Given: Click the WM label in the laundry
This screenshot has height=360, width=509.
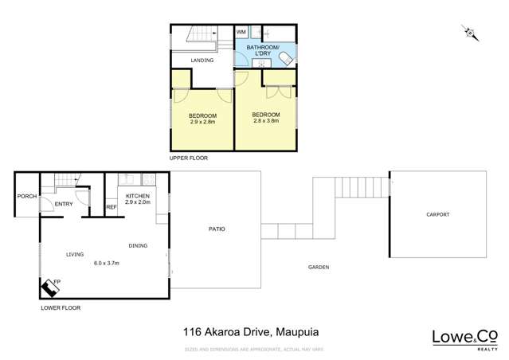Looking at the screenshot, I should coord(241,32).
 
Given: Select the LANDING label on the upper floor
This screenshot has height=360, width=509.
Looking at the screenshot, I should coord(201,60).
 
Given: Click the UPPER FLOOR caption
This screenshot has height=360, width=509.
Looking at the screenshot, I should coord(188,158).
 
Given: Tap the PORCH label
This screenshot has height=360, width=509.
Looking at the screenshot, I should coord(27,195).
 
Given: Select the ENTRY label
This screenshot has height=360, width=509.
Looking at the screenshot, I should coord(65,205).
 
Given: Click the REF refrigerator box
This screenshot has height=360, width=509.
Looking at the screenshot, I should coord(111,207).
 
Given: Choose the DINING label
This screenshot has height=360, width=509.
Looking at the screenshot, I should coord(138,245).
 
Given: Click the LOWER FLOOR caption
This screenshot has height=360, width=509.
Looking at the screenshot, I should coord(61,307).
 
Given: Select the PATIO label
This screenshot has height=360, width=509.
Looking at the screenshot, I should coord(217,229).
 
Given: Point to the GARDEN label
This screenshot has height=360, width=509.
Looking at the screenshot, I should coord(319,267).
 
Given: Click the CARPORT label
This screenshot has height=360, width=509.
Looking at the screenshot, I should coord(437,214).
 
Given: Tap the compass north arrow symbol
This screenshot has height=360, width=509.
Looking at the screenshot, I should coord(470,33).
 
